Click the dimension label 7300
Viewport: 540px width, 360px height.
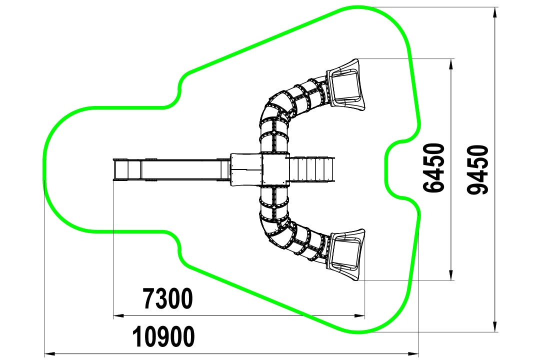[x=167, y=299]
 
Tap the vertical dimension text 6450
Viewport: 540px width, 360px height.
[x=433, y=168]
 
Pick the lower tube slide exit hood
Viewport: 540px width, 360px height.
[x=346, y=255]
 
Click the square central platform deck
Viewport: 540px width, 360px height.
[x=275, y=169]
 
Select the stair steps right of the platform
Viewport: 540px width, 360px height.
[x=311, y=169]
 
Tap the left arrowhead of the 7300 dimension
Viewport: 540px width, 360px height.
[x=118, y=315]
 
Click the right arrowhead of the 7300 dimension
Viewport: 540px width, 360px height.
[x=360, y=315]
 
